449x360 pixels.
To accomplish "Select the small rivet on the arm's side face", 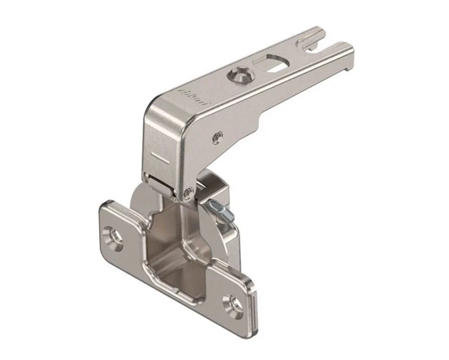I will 217,138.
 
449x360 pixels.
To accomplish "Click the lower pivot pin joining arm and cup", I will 187,193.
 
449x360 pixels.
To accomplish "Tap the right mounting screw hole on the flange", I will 234,304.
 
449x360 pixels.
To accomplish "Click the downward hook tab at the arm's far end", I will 348,66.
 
